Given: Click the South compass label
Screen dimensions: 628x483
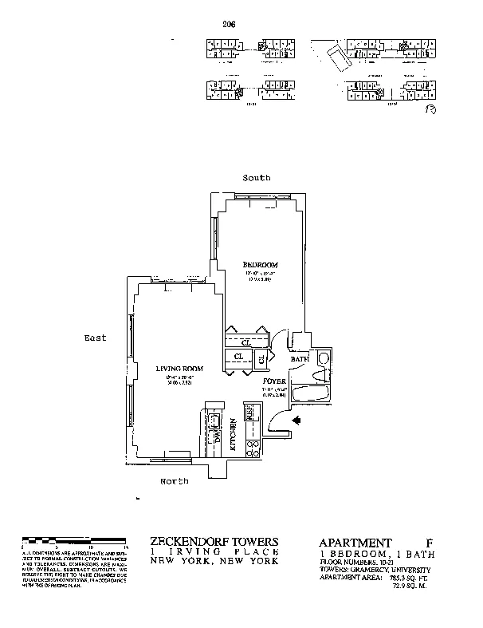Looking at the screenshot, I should point(257,177).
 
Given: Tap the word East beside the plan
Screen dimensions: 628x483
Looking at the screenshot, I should point(95,338).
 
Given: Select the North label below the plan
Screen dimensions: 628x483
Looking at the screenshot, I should point(174,481).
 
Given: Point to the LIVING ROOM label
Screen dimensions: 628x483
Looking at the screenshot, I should point(179,368).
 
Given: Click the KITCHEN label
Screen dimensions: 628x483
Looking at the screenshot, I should point(234,435).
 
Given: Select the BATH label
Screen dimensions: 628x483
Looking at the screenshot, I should point(299,360).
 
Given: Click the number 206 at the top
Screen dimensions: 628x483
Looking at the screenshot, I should point(230,24).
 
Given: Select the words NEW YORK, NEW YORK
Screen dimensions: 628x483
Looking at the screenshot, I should point(214,561).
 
